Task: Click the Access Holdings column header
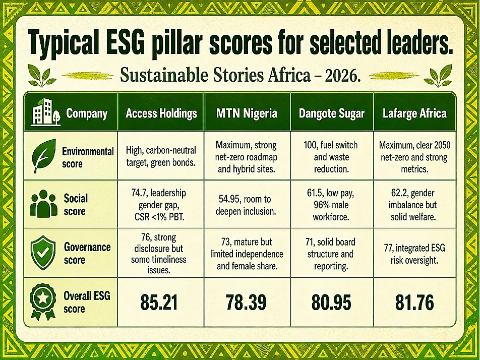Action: pyautogui.click(x=161, y=113)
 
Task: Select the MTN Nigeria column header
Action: pyautogui.click(x=247, y=113)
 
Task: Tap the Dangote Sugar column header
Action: pyautogui.click(x=332, y=113)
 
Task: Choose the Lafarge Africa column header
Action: pyautogui.click(x=414, y=113)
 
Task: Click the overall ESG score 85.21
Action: pyautogui.click(x=159, y=303)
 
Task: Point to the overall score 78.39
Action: pyautogui.click(x=246, y=303)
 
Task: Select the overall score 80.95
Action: pyautogui.click(x=331, y=303)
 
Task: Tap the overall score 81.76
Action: pyautogui.click(x=414, y=303)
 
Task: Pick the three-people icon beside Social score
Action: pyautogui.click(x=43, y=204)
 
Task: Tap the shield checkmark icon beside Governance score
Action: pyautogui.click(x=43, y=253)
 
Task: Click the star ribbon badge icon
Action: pyautogui.click(x=43, y=302)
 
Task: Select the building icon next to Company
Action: pyautogui.click(x=45, y=112)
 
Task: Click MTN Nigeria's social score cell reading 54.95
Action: pyautogui.click(x=246, y=205)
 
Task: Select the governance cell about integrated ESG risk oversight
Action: pyautogui.click(x=414, y=254)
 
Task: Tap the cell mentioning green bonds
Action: pyautogui.click(x=161, y=156)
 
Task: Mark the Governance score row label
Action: pyautogui.click(x=87, y=253)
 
